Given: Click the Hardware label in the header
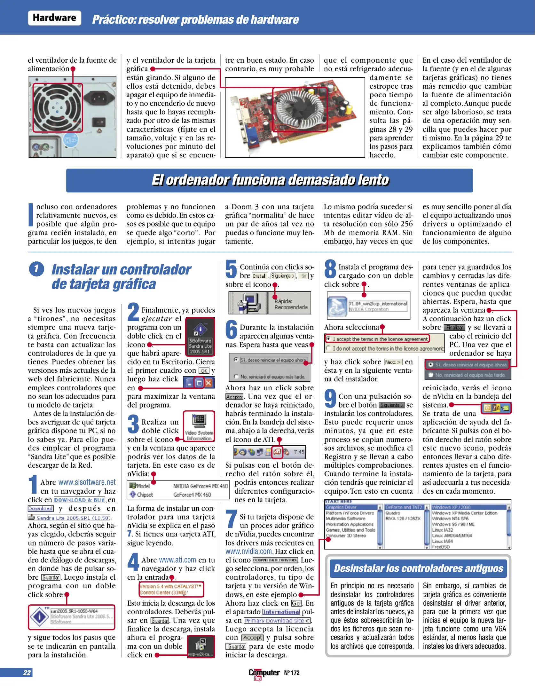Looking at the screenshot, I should pos(54,18).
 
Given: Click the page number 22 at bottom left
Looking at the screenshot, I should pos(27,673).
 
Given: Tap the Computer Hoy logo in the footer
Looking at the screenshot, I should pos(264,673).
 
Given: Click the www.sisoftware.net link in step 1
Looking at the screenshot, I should pos(87,482).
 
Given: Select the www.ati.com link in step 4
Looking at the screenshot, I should pos(177,560).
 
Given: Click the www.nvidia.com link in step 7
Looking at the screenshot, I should pos(249,552).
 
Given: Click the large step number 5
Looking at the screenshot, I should pos(231,269).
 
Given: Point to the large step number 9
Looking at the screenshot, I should pos(330,399).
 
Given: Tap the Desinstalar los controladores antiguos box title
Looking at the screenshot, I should pos(418,568).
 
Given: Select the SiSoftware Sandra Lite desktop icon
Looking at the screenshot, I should pos(200,337).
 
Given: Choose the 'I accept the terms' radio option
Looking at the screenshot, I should pos(328,338).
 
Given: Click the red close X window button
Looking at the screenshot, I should pos(209,383).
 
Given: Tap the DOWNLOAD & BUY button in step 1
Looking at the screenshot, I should pos(79,500).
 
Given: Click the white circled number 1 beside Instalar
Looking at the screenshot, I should pos(36,269).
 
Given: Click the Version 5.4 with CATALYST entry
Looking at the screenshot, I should pos(171,589).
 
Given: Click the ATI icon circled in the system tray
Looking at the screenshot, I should pos(277,452).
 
